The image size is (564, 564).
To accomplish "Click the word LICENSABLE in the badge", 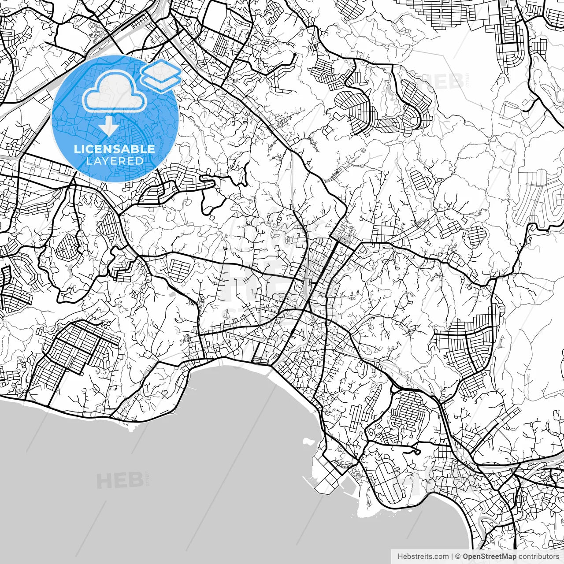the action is pos(115,149).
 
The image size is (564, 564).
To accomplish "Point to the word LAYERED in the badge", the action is pos(115,161).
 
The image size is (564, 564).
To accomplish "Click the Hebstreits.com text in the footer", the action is pos(423,557).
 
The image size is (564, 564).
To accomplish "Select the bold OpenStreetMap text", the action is pos(490,557).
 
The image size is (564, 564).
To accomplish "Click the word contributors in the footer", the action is pos(540,557).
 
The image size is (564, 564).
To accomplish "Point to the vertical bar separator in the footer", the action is pos(452,557).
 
